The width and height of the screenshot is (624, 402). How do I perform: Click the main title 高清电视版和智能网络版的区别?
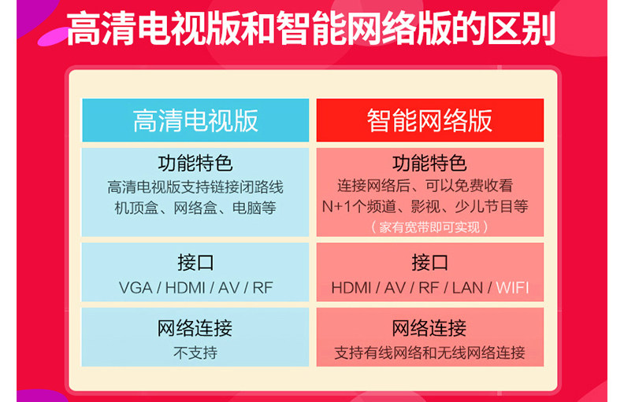point(310,28)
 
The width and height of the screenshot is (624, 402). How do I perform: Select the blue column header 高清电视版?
point(195,120)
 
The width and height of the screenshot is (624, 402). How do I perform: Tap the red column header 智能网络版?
point(430,120)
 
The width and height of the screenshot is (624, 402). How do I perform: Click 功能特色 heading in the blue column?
point(195,164)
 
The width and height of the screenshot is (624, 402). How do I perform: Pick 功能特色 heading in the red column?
point(430,164)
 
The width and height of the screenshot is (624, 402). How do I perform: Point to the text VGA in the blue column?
point(136,288)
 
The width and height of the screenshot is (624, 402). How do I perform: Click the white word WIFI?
point(513,288)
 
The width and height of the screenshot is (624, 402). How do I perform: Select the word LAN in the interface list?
point(467,288)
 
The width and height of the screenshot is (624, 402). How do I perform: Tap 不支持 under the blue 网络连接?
point(195,352)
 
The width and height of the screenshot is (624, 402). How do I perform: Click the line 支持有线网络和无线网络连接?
point(430,352)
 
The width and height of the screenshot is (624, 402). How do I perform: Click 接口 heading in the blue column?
point(195,263)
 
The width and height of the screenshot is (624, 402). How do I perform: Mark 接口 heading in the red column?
point(430,263)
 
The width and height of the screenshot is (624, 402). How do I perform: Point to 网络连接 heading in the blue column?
point(195,328)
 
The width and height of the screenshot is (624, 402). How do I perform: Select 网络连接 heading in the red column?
point(429,328)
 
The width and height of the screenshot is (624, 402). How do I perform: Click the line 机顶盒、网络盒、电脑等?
point(195,208)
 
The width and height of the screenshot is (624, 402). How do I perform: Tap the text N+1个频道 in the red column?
point(359,207)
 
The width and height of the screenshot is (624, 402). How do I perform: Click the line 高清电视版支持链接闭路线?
point(195,187)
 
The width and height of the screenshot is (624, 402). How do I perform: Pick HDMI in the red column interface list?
point(351,288)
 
